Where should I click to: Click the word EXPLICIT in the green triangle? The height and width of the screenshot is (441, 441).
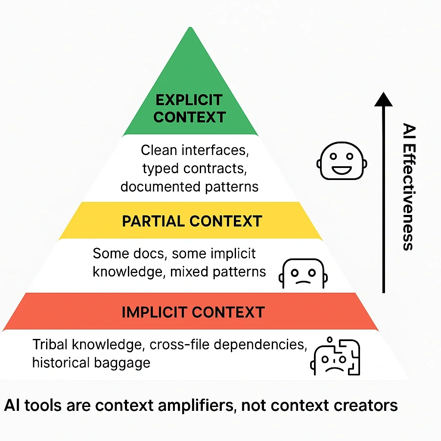[x=189, y=100]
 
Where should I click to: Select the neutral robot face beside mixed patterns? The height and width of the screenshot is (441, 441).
[x=302, y=274]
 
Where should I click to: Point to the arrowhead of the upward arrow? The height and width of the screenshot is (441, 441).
[x=383, y=99]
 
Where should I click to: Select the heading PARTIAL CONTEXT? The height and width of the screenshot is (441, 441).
[x=192, y=221]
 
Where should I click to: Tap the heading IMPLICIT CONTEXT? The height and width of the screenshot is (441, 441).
[x=193, y=312]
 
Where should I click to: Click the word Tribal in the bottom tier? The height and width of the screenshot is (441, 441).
[x=50, y=345]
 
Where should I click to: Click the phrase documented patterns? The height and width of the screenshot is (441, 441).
[x=189, y=186]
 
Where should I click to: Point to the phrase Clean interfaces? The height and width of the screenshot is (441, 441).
[x=195, y=150]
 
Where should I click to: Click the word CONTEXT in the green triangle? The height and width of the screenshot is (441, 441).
[x=189, y=117]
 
